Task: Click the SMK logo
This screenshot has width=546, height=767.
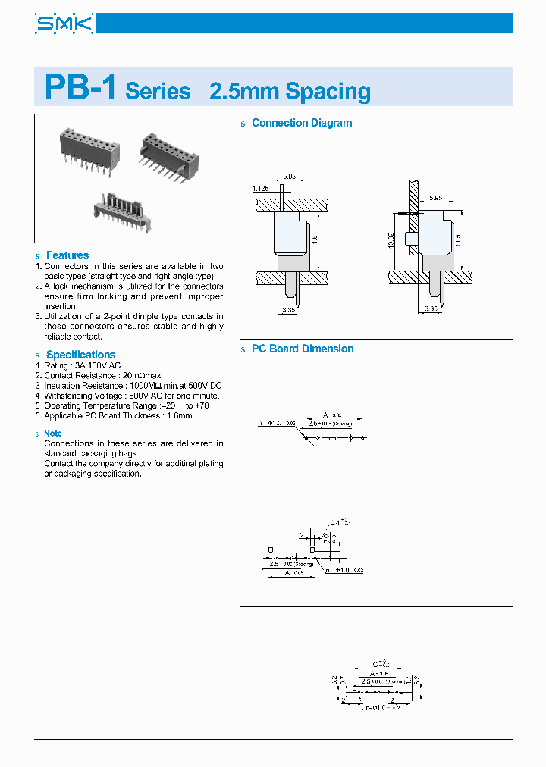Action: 64,23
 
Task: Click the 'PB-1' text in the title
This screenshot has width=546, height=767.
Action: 80,88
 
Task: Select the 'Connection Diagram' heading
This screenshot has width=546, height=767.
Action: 301,123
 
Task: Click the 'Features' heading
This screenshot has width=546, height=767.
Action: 67,255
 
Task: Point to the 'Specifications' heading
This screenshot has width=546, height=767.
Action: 80,355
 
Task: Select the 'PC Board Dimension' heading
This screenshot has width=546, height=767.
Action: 303,349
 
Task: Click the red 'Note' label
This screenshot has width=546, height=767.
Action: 53,434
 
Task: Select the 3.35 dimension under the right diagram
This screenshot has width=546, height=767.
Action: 431,308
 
